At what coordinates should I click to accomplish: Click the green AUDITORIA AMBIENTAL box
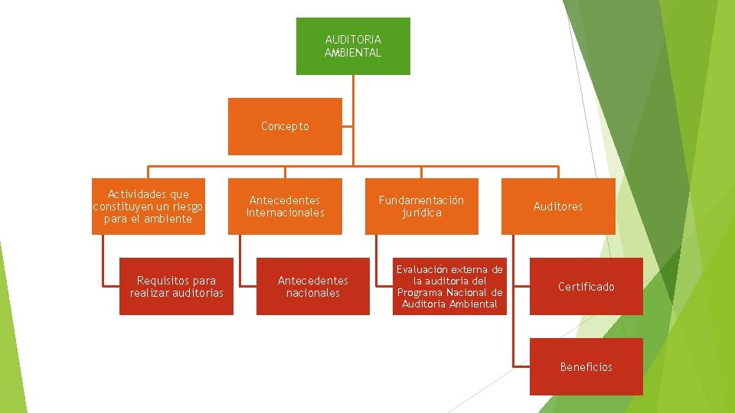click(x=353, y=46)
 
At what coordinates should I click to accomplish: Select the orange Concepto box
click(x=285, y=126)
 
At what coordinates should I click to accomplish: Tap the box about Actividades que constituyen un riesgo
click(x=149, y=206)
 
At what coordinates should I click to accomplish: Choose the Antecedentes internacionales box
click(x=285, y=206)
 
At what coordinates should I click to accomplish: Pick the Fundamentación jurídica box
click(x=421, y=206)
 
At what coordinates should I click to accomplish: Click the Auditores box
click(x=558, y=206)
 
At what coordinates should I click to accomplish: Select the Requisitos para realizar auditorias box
click(x=177, y=287)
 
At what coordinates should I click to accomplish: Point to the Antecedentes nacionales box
click(x=312, y=287)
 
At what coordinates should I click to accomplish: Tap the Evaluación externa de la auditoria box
click(x=449, y=287)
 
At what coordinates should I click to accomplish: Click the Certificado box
click(x=586, y=287)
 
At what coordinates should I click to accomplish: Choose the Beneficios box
click(x=586, y=367)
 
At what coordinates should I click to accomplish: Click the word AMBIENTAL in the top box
click(x=353, y=53)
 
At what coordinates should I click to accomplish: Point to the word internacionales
click(x=285, y=213)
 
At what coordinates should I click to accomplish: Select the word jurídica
click(x=422, y=213)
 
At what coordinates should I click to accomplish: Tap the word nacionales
click(x=312, y=293)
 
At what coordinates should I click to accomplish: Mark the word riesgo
click(x=186, y=206)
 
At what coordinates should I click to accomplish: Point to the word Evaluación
click(x=422, y=269)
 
